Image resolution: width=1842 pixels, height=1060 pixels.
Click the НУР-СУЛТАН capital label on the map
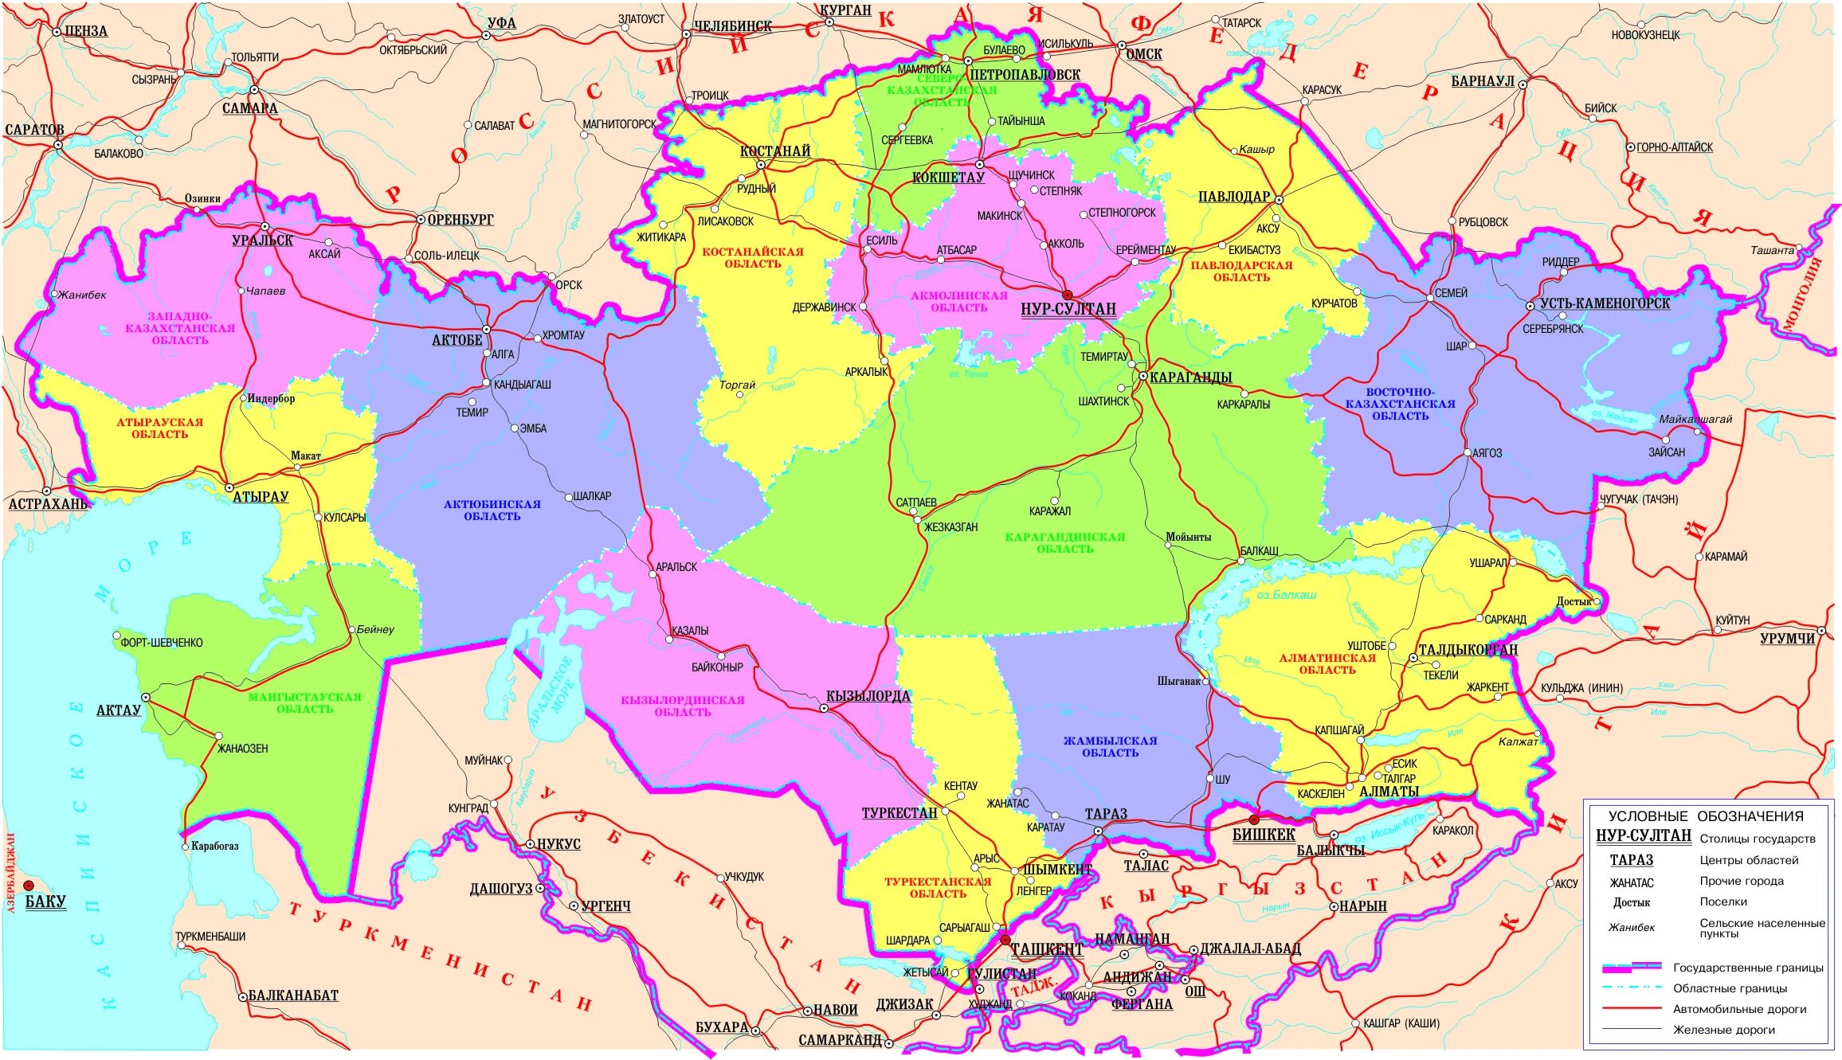[1068, 309]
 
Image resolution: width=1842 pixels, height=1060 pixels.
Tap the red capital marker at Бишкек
[1253, 819]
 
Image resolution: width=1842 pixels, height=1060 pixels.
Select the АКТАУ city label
[118, 710]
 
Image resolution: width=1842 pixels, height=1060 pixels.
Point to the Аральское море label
[551, 693]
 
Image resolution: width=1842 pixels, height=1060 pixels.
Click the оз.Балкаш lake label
[1286, 595]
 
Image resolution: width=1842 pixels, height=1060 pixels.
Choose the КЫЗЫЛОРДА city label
[868, 696]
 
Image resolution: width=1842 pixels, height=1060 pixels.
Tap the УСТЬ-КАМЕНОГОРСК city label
[1605, 303]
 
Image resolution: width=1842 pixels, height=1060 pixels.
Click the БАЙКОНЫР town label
[717, 667]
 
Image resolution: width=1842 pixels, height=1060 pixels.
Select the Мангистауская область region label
[304, 702]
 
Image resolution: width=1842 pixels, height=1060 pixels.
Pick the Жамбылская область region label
[1110, 746]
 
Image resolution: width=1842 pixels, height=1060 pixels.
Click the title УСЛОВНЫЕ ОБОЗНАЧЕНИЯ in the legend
[1706, 816]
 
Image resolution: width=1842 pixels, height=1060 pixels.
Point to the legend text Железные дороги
[1724, 1030]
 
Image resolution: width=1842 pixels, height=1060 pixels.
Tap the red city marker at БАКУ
[29, 886]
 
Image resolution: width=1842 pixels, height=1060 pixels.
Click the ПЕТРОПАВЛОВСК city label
[1025, 75]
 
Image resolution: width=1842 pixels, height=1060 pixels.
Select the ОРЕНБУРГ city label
[461, 220]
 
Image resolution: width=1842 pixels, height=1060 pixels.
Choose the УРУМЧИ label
[1787, 639]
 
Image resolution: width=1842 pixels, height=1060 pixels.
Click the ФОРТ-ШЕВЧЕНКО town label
[162, 643]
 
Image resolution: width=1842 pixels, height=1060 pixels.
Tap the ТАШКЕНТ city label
[1046, 949]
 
